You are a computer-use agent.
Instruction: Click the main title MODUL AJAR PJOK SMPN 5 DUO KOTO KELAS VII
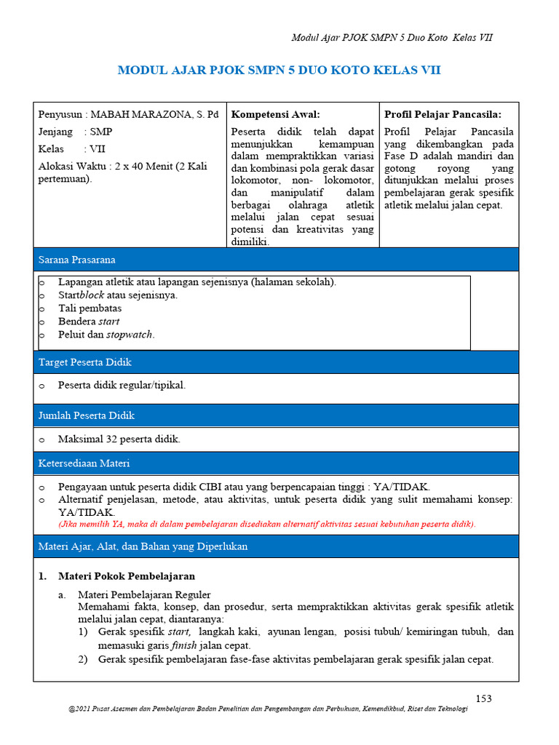[279, 71]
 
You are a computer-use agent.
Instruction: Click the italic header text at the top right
[392, 37]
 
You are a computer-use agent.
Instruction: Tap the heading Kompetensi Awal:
[275, 114]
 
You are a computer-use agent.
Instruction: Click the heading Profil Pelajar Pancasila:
[443, 114]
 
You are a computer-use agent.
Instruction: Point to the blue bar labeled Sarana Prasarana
[276, 259]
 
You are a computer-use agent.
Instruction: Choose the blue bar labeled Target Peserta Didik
[276, 362]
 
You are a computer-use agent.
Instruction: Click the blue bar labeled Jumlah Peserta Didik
[276, 415]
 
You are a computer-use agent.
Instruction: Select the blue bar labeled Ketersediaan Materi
[276, 463]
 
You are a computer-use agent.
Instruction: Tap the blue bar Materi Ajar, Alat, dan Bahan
[276, 546]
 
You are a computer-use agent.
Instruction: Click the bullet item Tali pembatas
[90, 308]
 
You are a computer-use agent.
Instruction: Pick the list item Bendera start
[89, 322]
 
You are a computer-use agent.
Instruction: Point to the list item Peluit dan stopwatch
[106, 335]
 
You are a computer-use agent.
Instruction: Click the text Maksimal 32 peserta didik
[119, 439]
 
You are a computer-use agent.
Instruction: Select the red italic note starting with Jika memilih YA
[266, 524]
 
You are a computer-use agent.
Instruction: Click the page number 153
[483, 698]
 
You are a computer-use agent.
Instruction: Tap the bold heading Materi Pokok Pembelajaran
[127, 576]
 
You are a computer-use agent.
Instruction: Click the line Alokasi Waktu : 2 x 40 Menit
[122, 166]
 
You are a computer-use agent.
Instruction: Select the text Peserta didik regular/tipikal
[122, 386]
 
